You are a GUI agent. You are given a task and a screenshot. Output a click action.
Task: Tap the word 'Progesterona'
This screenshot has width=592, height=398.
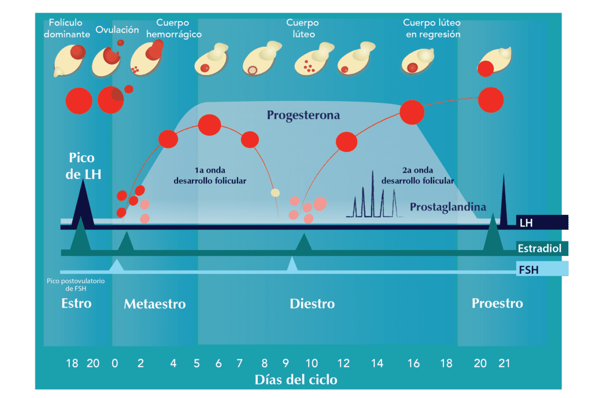coord(303,116)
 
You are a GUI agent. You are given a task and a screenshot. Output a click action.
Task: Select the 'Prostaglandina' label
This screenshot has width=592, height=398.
coord(448,207)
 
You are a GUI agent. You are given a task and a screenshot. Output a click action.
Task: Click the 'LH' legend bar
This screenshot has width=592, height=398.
coord(542,222)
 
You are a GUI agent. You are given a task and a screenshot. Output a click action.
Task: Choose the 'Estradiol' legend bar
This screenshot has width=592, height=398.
coord(542,249)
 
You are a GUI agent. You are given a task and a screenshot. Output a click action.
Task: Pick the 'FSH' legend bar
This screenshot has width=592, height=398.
coord(542,269)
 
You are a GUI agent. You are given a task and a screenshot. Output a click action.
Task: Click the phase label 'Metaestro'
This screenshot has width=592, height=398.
coord(154,304)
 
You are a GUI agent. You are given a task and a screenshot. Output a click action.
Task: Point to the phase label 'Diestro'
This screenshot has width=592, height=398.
coord(312,304)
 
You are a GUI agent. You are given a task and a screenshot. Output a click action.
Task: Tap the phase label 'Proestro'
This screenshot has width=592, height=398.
coord(497,303)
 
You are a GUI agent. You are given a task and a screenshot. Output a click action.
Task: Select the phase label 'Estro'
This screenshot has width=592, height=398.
coord(76,303)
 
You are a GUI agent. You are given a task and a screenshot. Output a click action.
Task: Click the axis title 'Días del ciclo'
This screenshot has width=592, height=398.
coord(296,380)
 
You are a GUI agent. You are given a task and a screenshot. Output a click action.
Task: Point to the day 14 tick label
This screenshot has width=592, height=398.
coord(377,363)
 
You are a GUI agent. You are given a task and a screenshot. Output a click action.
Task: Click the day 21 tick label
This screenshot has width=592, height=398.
coord(504,363)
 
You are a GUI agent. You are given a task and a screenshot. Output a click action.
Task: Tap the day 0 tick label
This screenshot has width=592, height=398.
coord(115,363)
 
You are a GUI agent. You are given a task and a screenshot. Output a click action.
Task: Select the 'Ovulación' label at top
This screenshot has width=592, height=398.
coord(117,29)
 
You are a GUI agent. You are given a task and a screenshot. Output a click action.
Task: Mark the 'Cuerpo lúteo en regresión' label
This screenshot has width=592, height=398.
coord(432,28)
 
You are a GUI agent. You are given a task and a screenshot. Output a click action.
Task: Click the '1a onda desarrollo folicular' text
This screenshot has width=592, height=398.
coord(210,176)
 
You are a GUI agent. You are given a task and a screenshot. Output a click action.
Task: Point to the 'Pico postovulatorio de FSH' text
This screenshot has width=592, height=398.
coord(68,284)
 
